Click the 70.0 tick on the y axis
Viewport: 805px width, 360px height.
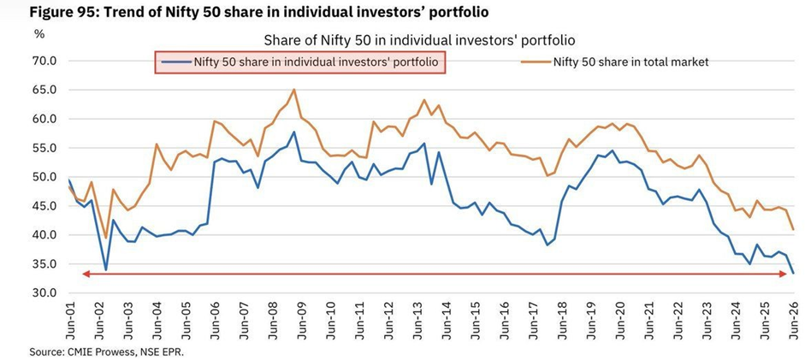tap(44, 62)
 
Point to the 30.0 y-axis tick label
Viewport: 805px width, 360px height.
tap(44, 293)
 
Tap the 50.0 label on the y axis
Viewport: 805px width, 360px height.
tap(44, 178)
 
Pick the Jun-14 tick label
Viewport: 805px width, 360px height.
tap(447, 320)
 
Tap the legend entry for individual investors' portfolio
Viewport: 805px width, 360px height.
tap(299, 62)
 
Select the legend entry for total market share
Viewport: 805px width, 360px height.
tap(614, 62)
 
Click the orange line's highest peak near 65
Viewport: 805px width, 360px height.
tap(293, 89)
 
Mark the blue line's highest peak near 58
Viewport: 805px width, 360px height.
tap(293, 132)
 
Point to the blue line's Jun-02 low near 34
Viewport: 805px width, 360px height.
tap(105, 269)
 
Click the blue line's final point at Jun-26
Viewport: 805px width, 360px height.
tap(794, 274)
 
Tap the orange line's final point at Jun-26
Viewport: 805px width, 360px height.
tap(794, 229)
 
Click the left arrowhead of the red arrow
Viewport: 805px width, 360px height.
tap(86, 274)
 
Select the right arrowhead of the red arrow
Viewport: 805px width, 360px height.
tap(784, 274)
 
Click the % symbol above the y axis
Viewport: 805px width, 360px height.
tap(39, 34)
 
